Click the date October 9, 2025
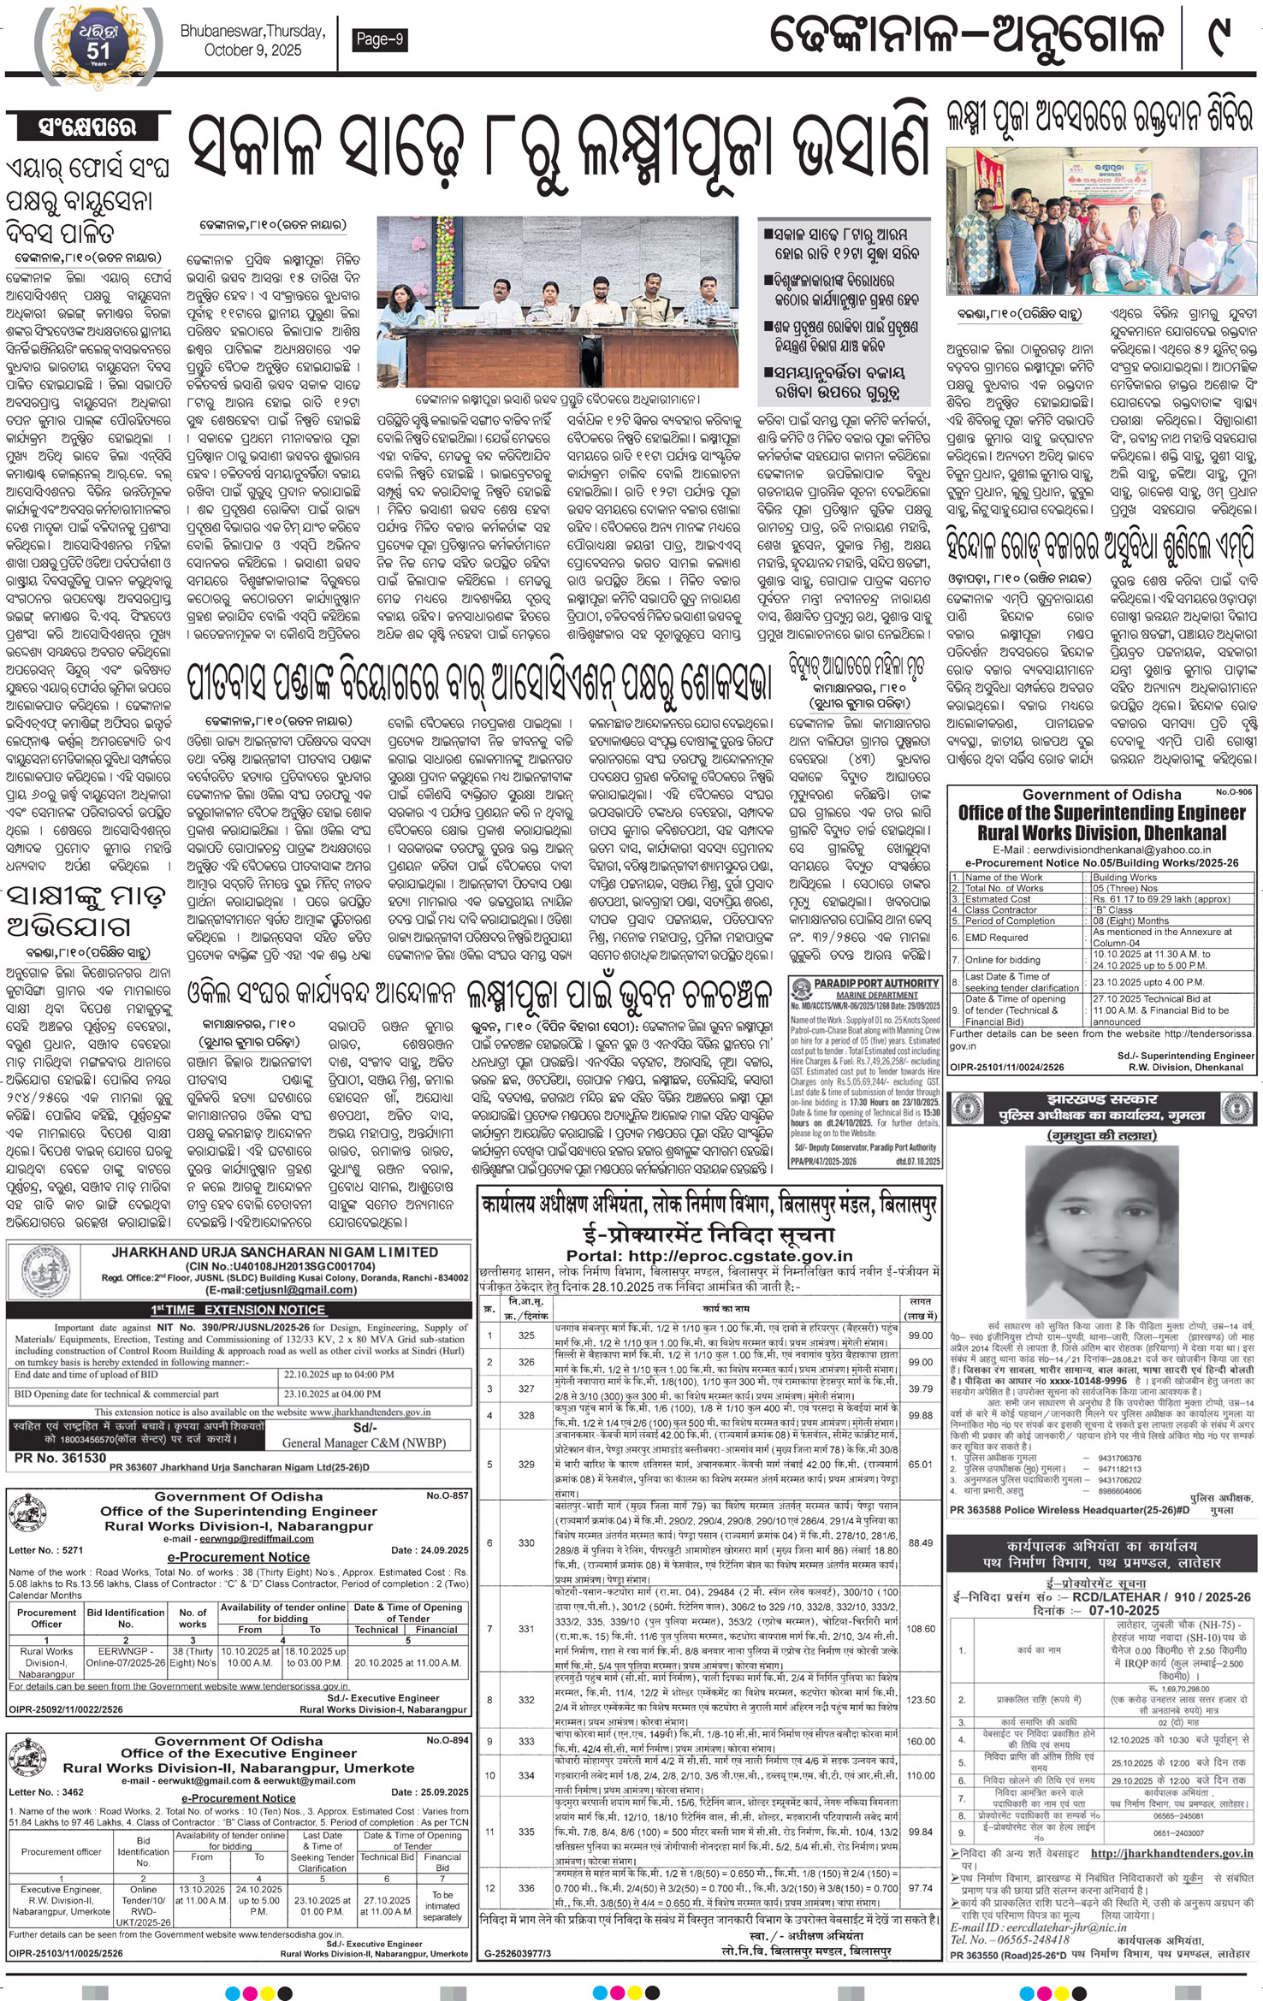point(252,50)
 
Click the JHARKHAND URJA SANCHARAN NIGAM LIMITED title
point(275,1252)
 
